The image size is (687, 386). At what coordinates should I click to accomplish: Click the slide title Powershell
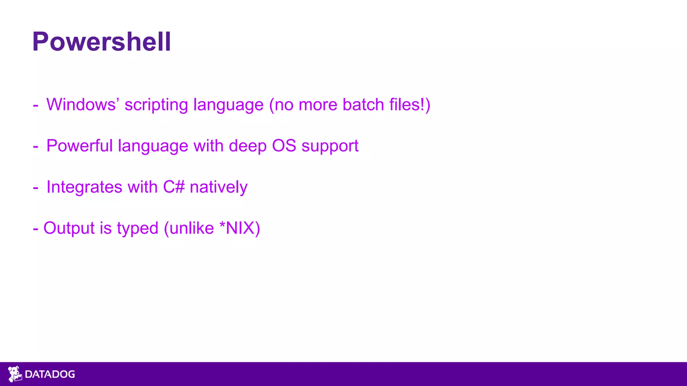(101, 42)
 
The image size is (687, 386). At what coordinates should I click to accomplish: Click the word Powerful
(80, 146)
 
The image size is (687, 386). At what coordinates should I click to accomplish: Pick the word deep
(248, 146)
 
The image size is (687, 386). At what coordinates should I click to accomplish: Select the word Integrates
(84, 187)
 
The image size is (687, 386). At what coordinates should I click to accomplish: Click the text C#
(174, 187)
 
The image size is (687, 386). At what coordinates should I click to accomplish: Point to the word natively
(218, 187)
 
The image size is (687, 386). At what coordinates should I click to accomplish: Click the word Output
(69, 228)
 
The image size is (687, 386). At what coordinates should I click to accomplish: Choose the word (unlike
(189, 228)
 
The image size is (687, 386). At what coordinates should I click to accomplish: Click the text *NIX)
(240, 228)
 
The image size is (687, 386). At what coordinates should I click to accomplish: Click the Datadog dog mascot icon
(14, 374)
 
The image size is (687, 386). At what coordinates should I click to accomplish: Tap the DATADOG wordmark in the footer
(50, 374)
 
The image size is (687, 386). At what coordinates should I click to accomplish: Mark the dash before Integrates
(36, 188)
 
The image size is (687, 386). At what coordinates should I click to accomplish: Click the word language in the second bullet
(153, 146)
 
